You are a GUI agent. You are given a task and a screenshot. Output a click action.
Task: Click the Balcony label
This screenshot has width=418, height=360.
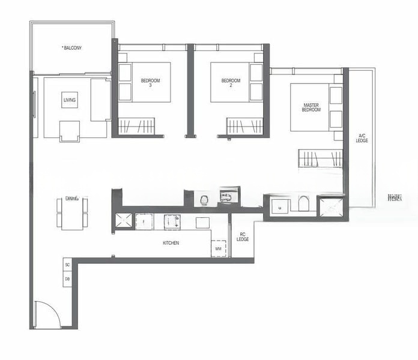(73, 47)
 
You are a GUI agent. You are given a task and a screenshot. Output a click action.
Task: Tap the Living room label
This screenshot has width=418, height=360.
(70, 100)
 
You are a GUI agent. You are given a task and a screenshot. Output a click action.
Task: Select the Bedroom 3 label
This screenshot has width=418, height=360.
(151, 83)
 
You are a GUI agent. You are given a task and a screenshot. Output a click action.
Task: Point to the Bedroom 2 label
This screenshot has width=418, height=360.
(231, 83)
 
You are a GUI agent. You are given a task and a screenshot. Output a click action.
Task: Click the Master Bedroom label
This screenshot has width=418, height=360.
(310, 107)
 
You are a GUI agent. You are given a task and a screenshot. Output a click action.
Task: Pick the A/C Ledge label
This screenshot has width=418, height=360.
(362, 138)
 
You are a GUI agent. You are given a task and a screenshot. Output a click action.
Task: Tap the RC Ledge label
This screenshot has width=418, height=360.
(243, 236)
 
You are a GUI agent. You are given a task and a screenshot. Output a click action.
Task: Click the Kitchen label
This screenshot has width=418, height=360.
(171, 243)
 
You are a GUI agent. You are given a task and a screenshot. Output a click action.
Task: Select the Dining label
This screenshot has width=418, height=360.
(72, 199)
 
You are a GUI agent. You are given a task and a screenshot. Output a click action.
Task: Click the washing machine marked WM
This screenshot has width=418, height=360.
(219, 248)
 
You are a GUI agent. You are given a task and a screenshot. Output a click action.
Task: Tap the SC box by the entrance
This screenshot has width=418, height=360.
(67, 265)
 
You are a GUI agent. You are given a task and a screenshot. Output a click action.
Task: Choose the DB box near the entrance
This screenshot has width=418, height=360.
(67, 279)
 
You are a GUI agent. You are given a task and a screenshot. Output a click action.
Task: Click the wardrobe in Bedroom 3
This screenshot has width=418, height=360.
(136, 126)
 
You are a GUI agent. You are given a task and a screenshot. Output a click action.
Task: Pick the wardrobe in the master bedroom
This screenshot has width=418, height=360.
(320, 158)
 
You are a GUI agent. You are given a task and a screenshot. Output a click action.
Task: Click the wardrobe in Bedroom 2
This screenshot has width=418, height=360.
(244, 126)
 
